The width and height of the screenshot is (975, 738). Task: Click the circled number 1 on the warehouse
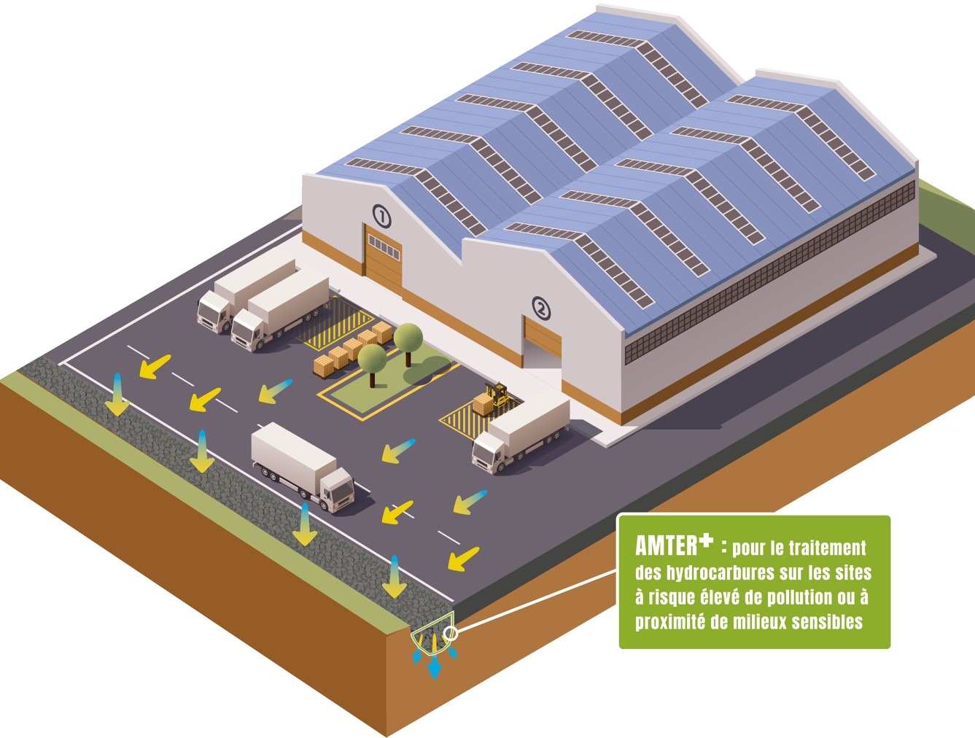coord(381,217)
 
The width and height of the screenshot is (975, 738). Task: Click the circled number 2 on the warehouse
coord(541,308)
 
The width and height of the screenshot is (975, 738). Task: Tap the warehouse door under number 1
coord(384,259)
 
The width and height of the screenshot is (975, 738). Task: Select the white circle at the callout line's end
coord(451,633)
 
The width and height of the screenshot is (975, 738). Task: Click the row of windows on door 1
coord(384,247)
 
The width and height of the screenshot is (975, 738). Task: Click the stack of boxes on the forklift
coord(483,403)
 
